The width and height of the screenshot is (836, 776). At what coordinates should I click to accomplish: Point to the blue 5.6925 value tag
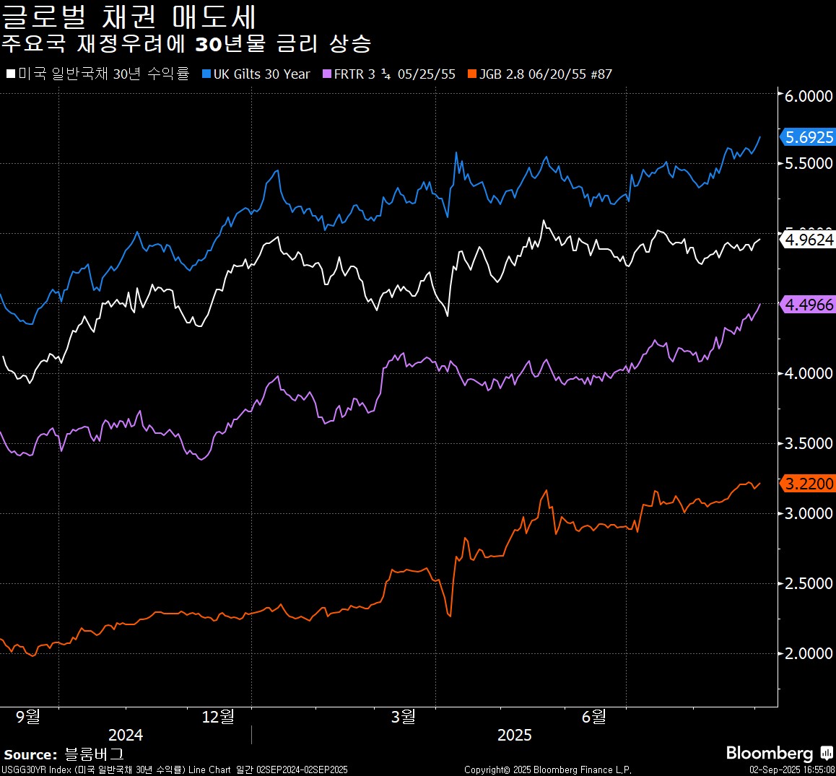(x=809, y=137)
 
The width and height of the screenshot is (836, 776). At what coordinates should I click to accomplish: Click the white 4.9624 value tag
(x=809, y=240)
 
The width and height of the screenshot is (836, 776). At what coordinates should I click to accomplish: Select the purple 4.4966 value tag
(x=809, y=305)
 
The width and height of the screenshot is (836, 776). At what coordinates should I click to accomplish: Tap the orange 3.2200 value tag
(x=809, y=484)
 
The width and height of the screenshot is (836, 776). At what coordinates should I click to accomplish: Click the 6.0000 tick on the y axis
(x=809, y=96)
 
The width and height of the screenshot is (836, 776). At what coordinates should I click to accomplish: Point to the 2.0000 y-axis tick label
(x=809, y=653)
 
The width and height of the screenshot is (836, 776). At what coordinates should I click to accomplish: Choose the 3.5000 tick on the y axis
(x=809, y=443)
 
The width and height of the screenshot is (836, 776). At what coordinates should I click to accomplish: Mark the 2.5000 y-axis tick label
(x=809, y=583)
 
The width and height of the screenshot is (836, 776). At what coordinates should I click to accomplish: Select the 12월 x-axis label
(x=218, y=716)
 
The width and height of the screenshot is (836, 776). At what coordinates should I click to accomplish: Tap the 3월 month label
(x=404, y=716)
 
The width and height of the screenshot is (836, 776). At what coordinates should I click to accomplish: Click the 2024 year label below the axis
(x=126, y=735)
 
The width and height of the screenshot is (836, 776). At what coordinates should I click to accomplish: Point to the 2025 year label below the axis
(x=514, y=735)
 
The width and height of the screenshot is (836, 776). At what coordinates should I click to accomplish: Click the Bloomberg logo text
(x=770, y=754)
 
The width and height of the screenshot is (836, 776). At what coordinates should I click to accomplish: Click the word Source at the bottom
(x=30, y=755)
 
